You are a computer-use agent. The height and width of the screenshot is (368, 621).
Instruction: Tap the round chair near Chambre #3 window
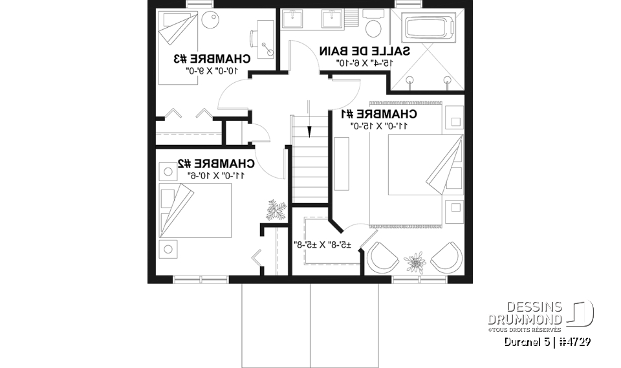click(210, 19)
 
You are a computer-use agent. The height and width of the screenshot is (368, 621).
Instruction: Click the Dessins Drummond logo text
click(525, 313)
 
